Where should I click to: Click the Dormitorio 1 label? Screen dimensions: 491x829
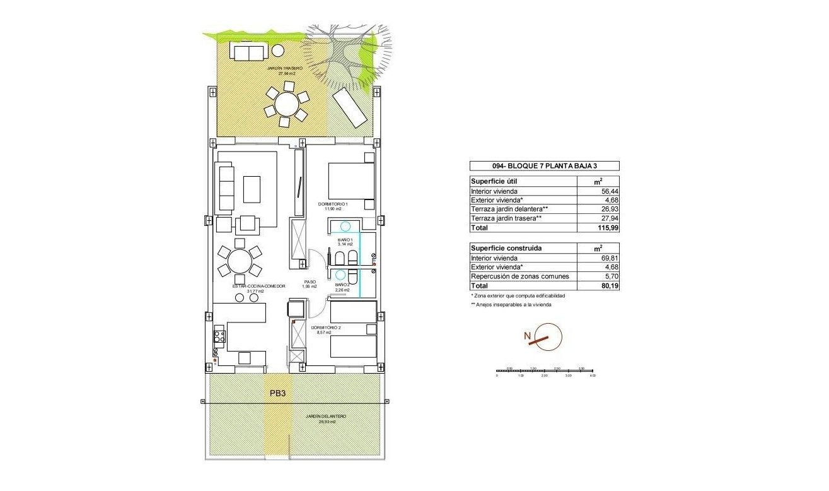click(x=333, y=205)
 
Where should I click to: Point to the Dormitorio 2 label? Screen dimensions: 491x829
click(x=326, y=329)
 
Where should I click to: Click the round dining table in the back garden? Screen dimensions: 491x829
click(x=287, y=104)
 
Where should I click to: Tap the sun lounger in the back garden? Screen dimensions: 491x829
click(x=350, y=108)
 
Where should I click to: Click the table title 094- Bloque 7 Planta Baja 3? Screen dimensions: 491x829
click(x=544, y=166)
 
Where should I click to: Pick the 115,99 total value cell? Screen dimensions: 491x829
click(x=598, y=227)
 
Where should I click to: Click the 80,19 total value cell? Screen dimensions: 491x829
click(x=598, y=285)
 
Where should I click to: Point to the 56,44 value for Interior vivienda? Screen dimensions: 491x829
click(x=598, y=191)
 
